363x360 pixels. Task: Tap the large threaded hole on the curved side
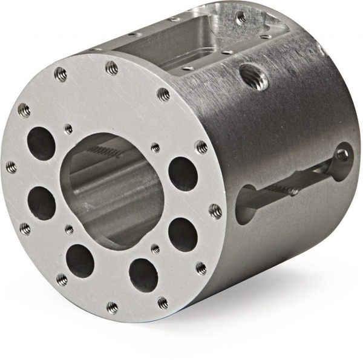(255, 76)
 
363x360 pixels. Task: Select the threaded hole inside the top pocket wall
(241, 18)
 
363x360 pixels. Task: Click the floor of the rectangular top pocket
(175, 51)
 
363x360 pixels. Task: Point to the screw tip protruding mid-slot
(293, 191)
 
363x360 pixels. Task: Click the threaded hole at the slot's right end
(342, 155)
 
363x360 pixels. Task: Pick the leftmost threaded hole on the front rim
(11, 167)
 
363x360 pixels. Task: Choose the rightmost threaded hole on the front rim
(215, 211)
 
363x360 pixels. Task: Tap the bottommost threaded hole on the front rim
(113, 307)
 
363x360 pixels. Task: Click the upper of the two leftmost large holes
(41, 144)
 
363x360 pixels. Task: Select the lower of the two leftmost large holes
(42, 203)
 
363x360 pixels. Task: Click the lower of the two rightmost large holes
(182, 234)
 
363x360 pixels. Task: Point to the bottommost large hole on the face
(143, 274)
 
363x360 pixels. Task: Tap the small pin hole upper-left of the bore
(68, 129)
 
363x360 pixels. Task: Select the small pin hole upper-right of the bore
(155, 148)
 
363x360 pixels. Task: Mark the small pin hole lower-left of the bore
(69, 229)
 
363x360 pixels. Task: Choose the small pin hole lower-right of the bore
(155, 248)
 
